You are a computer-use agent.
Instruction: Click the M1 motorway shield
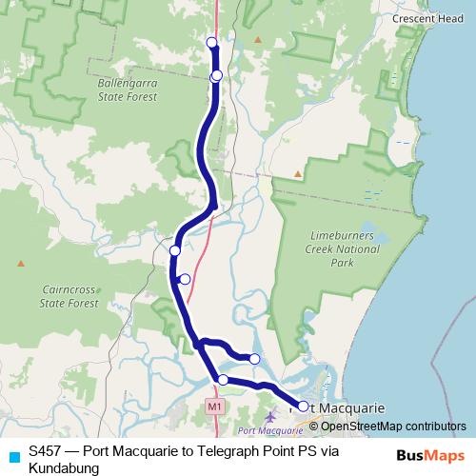point(214,406)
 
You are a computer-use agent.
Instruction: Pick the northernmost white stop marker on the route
point(212,42)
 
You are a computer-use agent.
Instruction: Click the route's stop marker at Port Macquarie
point(303,407)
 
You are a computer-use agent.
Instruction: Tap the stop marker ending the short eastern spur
point(254,358)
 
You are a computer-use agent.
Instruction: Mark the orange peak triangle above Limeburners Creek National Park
point(298,174)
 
